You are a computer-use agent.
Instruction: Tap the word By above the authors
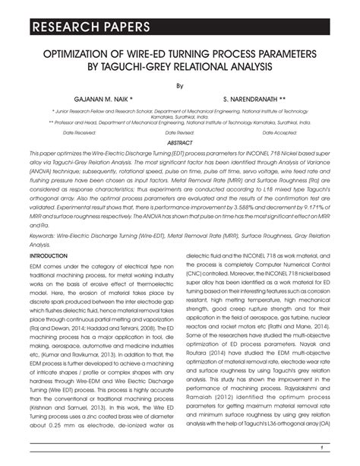point(179,86)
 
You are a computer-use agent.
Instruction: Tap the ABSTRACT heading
point(179,142)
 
